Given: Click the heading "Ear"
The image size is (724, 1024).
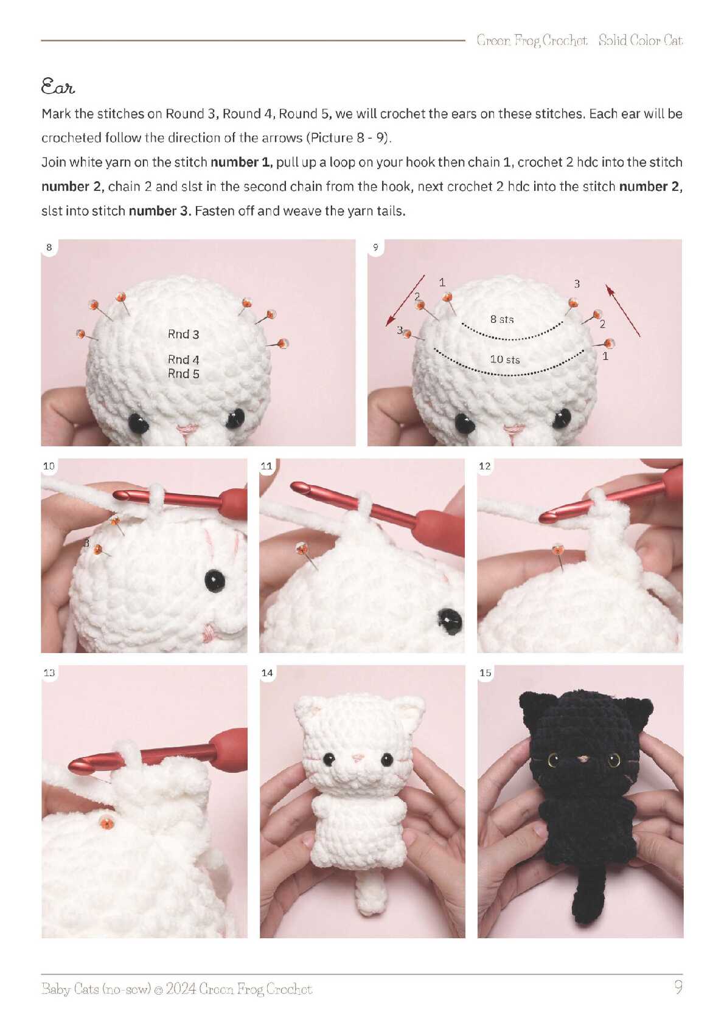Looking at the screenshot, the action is pyautogui.click(x=58, y=86).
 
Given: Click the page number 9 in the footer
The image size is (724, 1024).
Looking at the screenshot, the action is pyautogui.click(x=678, y=987).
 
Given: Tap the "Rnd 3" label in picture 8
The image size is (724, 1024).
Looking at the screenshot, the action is pyautogui.click(x=183, y=334).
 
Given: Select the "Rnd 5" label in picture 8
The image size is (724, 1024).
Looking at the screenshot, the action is pyautogui.click(x=183, y=373).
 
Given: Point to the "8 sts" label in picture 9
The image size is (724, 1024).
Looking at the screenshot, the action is pyautogui.click(x=502, y=319).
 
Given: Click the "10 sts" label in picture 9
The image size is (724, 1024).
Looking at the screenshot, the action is pyautogui.click(x=505, y=360).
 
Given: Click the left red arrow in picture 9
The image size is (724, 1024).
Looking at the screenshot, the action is pyautogui.click(x=405, y=300).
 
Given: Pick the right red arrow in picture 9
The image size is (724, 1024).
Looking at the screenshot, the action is pyautogui.click(x=622, y=310).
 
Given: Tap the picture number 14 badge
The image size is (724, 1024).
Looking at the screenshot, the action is pyautogui.click(x=267, y=673).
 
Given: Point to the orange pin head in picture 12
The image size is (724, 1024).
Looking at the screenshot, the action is pyautogui.click(x=557, y=550).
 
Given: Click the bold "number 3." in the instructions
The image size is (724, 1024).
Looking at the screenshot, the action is pyautogui.click(x=159, y=211).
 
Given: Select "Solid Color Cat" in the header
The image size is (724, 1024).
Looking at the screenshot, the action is pyautogui.click(x=640, y=41).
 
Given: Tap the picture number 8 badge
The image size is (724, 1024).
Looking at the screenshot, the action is pyautogui.click(x=49, y=247).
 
